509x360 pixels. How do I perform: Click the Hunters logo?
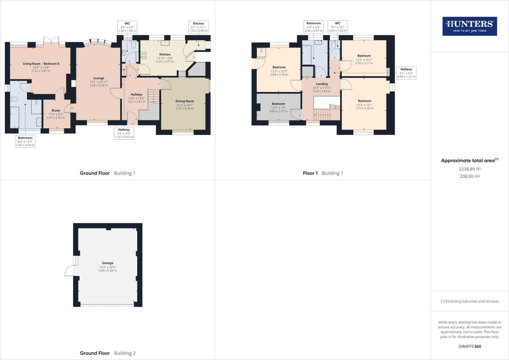coord(469,26)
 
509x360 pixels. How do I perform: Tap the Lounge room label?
coord(99,78)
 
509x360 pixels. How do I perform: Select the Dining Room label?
coord(185,101)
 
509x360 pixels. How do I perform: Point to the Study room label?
coord(56,110)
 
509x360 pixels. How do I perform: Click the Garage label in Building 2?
coord(108,263)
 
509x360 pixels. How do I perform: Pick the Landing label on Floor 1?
coord(321,84)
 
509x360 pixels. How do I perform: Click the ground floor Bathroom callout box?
coord(25,141)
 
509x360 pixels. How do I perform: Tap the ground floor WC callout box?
coord(127,27)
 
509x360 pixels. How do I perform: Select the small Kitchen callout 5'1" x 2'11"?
coord(198,27)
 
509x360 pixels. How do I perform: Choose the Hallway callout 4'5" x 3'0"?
coord(124,133)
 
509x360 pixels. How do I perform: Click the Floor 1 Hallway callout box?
coord(406,73)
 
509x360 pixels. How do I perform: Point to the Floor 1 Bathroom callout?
coord(313,27)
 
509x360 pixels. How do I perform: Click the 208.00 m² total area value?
coord(469,176)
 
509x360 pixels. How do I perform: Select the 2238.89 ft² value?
coord(469,169)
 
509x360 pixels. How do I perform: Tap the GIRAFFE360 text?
coord(469,346)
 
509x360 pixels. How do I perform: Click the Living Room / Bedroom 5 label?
coord(41,64)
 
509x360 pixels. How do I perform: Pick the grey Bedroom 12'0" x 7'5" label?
coord(278,104)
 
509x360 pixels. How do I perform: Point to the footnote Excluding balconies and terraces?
coord(469,301)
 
